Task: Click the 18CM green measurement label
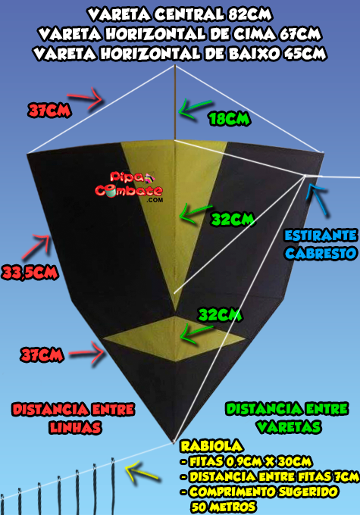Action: coord(230,119)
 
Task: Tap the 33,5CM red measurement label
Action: coord(30,273)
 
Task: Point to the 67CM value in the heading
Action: coord(300,33)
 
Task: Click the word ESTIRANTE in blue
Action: coord(321,236)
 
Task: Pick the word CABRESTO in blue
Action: coord(321,254)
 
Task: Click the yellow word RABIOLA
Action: coord(211,446)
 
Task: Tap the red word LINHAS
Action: coord(75,427)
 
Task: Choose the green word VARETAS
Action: coord(289,426)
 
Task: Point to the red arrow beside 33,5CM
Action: coord(36,246)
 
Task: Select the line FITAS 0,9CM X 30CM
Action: coord(250,461)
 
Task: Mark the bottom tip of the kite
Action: coord(174,442)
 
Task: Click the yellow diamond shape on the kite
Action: coord(175,339)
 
